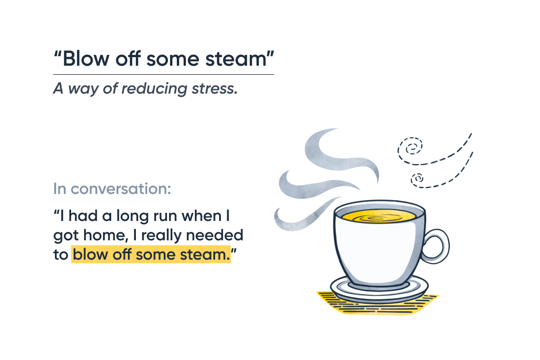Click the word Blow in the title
pyautogui.click(x=86, y=58)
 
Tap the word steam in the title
pyautogui.click(x=236, y=59)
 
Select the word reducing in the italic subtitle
pyautogui.click(x=154, y=89)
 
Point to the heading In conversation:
pyautogui.click(x=112, y=188)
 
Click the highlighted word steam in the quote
pyautogui.click(x=205, y=255)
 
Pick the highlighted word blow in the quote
pyautogui.click(x=90, y=254)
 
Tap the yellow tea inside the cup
pyautogui.click(x=379, y=216)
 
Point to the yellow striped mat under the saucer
pyautogui.click(x=378, y=305)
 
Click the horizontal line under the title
pyautogui.click(x=163, y=75)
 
